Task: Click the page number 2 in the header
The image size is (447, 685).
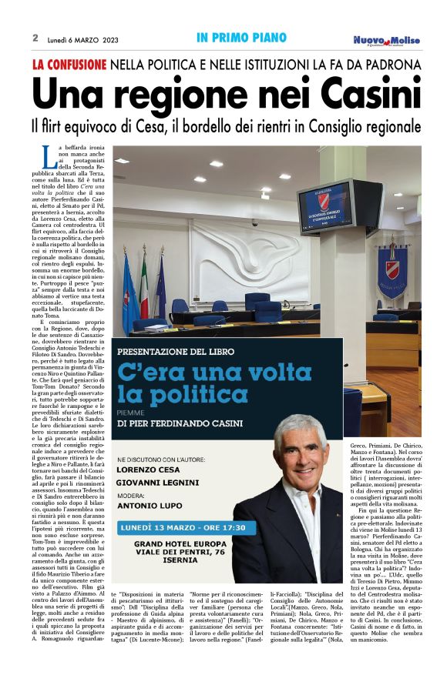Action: [x=35, y=38]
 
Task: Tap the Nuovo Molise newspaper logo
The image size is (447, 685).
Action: [x=387, y=40]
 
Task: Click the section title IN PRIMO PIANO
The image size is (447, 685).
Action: [x=241, y=38]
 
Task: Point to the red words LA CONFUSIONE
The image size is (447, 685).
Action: [x=69, y=65]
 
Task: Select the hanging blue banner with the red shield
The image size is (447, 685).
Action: [x=392, y=272]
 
